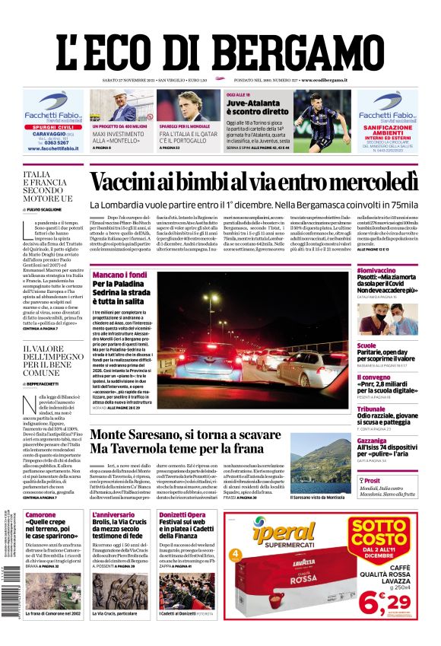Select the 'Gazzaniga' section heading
click(x=373, y=441)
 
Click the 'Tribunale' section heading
click(x=372, y=409)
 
